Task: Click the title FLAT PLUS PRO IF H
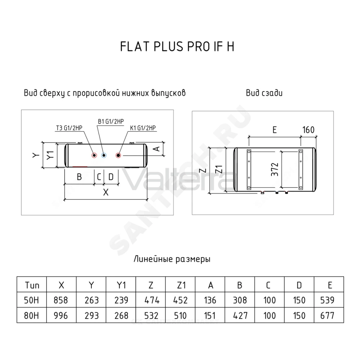(177, 46)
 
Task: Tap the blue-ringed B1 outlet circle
(104, 156)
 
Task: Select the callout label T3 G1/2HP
(69, 128)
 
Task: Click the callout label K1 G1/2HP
(143, 128)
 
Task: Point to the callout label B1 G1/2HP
(111, 121)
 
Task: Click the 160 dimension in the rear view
(309, 130)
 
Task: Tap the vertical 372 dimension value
(275, 170)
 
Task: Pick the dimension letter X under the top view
(105, 192)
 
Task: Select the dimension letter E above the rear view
(275, 130)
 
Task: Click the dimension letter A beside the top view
(157, 149)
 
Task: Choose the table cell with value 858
(61, 300)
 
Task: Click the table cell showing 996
(61, 316)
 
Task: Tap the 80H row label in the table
(31, 316)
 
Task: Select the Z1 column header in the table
(180, 285)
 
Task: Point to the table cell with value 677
(329, 316)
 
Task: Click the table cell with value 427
(239, 316)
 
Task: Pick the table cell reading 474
(150, 300)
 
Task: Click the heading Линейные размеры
(172, 259)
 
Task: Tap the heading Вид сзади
(264, 93)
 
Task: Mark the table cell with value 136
(210, 300)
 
